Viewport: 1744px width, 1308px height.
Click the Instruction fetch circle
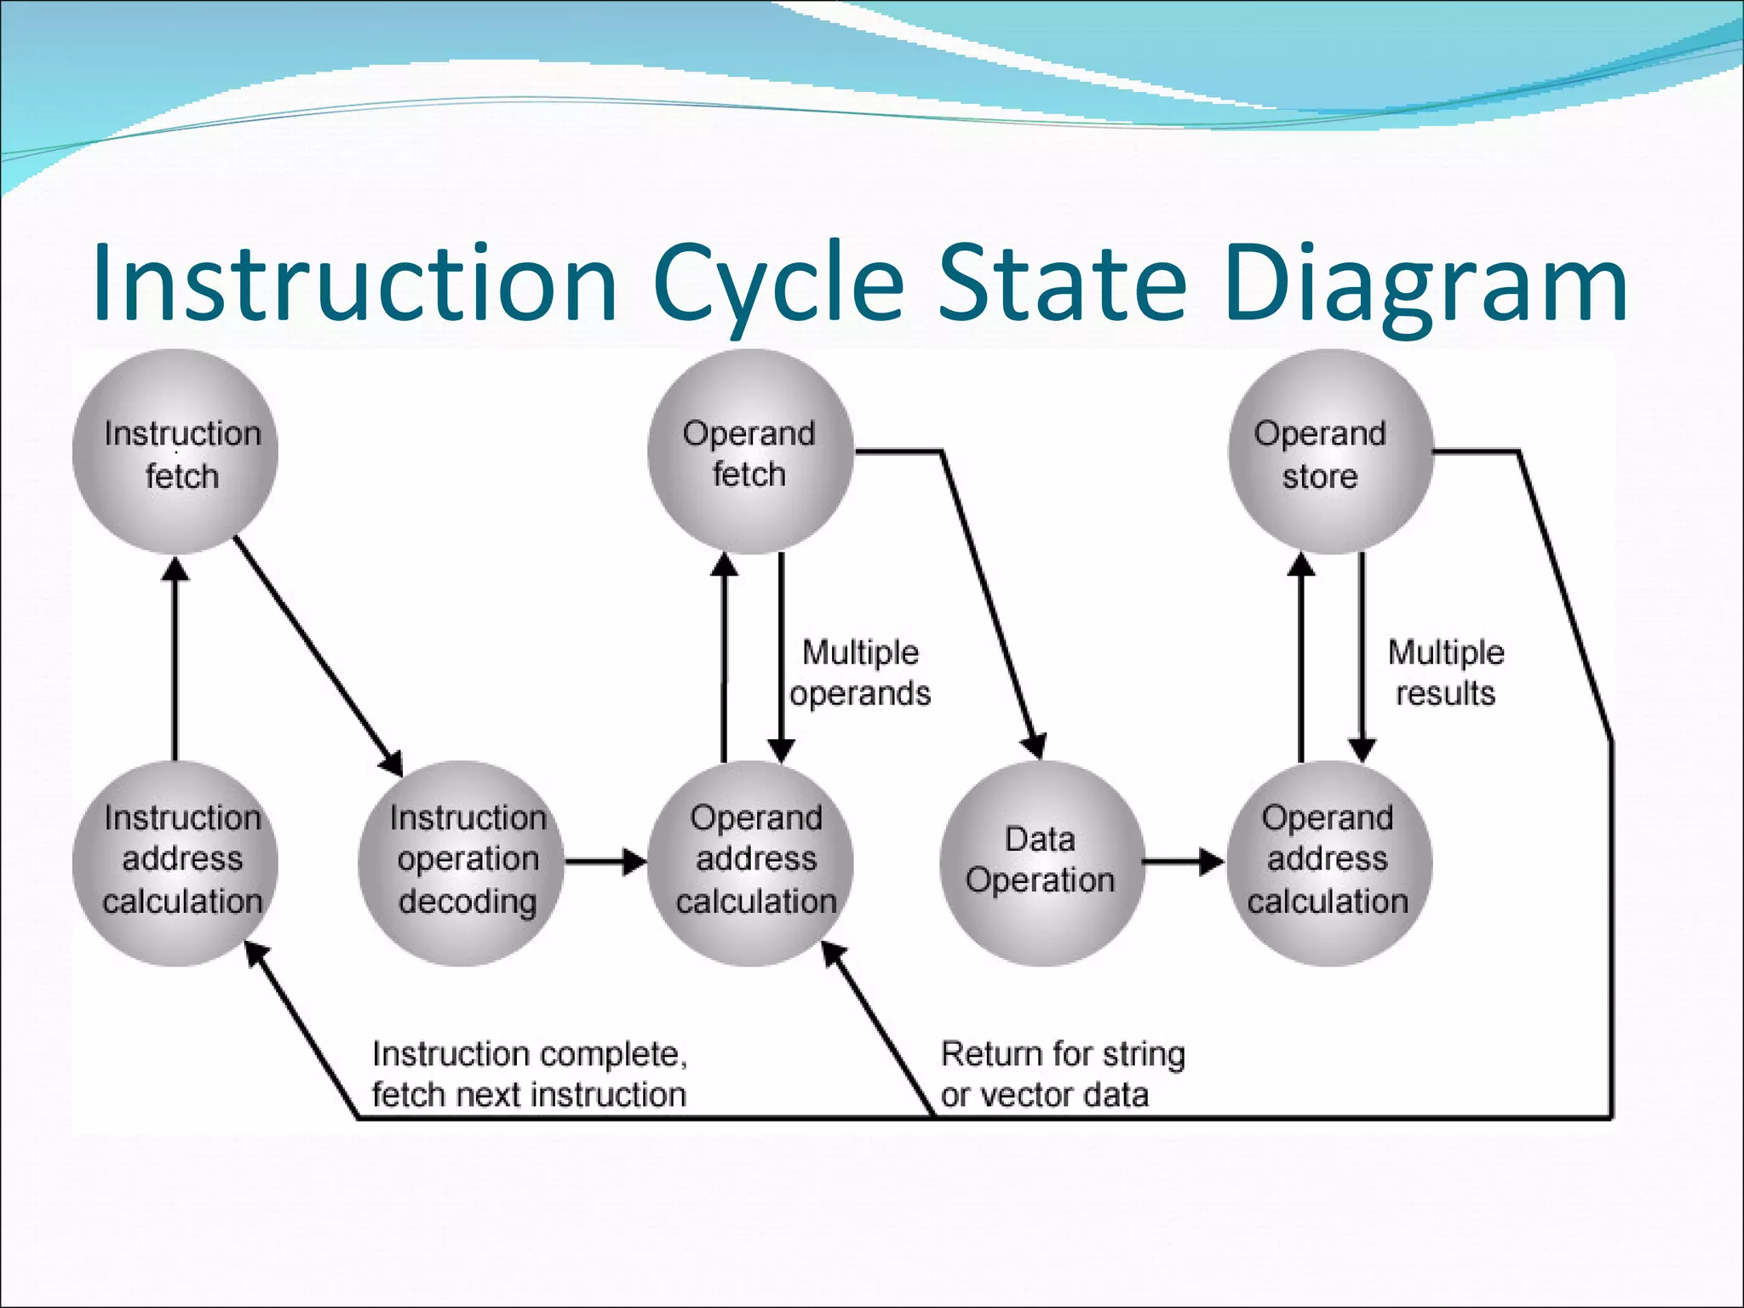[175, 452]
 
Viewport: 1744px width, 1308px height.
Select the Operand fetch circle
[750, 452]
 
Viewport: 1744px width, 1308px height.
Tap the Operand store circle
[1329, 452]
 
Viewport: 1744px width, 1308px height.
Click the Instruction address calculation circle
[175, 862]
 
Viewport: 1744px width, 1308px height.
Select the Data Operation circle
[1040, 862]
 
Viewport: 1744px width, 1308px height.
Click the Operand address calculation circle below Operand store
[1329, 862]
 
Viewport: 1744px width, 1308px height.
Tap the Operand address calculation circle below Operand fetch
[750, 862]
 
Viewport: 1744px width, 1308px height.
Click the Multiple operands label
[860, 673]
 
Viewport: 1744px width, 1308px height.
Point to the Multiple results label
[1446, 673]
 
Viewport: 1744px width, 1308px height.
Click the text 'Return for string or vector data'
[1062, 1074]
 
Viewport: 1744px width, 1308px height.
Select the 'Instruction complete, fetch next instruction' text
[529, 1074]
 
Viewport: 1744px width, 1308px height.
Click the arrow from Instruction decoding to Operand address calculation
[605, 862]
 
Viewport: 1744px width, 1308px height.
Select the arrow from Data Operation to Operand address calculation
[1183, 862]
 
